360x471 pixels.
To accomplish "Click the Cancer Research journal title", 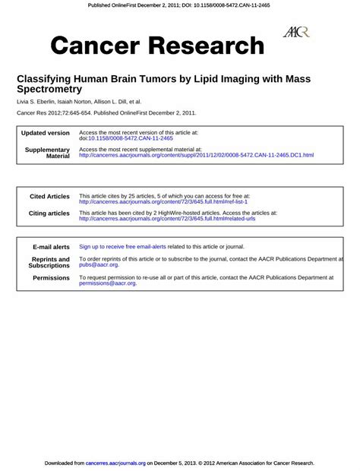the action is (x=157, y=46).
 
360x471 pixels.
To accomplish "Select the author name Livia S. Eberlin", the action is (x=39, y=101).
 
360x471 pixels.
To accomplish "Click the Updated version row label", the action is (x=46, y=133).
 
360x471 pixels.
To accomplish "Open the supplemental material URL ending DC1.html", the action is (x=196, y=155).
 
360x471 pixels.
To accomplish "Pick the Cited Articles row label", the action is (x=49, y=196).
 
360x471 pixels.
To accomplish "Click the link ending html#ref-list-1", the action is (x=163, y=201).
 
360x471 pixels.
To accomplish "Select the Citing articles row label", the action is (x=49, y=213).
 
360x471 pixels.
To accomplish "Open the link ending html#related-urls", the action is (x=167, y=219).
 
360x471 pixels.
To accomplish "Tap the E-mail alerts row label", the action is (x=51, y=247).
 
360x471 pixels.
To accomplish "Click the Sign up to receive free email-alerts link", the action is (x=122, y=247).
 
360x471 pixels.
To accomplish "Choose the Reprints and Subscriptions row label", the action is (x=49, y=262).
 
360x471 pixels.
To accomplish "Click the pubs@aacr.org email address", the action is (x=99, y=264).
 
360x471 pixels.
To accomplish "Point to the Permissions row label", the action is (x=51, y=278).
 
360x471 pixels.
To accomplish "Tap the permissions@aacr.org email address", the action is (x=107, y=283).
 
